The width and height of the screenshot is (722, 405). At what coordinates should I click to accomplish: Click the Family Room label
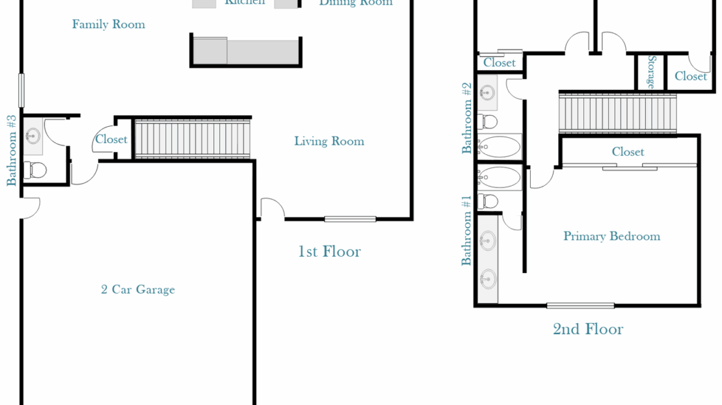coord(108,25)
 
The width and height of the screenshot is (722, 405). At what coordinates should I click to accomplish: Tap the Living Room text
coord(328,141)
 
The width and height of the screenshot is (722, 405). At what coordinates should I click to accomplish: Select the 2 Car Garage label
coord(138,290)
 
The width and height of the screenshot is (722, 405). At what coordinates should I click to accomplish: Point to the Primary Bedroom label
coord(611,237)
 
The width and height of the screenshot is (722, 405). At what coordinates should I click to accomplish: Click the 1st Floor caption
coord(329,252)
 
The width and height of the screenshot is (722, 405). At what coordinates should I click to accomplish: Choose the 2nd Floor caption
coord(587,330)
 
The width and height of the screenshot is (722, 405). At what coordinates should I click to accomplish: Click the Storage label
coord(650,72)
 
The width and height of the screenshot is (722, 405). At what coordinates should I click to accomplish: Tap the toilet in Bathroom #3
coord(34,170)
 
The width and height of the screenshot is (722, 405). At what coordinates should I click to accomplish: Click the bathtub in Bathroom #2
coord(499,146)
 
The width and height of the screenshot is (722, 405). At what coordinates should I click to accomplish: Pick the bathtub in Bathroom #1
coord(499,177)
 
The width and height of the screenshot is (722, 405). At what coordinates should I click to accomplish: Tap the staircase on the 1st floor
coord(192,138)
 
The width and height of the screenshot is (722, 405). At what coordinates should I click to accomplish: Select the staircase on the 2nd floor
coord(617,114)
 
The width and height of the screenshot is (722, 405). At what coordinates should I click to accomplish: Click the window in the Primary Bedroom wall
coord(580,306)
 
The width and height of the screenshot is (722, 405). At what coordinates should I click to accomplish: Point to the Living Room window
coord(350,219)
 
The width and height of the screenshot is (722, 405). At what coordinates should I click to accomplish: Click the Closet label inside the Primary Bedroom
coord(628,152)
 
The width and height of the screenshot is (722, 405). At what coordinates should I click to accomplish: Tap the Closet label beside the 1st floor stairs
coord(111,139)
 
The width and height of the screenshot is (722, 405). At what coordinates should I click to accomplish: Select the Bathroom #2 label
coord(466,118)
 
